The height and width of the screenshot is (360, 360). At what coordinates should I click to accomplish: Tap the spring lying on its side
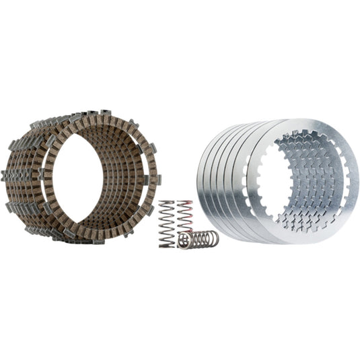click(198, 240)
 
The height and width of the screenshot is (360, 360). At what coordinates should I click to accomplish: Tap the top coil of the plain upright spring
click(167, 203)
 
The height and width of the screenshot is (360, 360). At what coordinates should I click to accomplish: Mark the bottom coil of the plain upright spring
click(166, 245)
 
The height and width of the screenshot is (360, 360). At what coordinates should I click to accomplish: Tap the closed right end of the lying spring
click(215, 238)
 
